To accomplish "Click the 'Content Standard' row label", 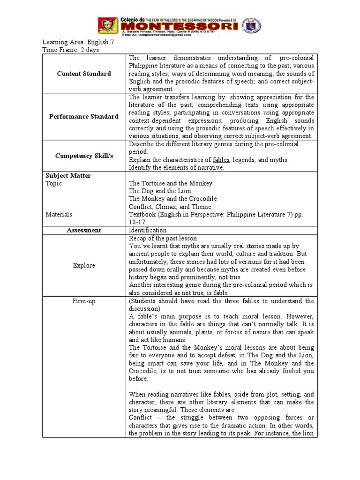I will (x=84, y=74).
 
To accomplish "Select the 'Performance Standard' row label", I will (x=84, y=116).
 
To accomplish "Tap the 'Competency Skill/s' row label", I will (x=84, y=155).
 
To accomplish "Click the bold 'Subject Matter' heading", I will (x=68, y=176).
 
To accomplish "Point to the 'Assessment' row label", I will (x=84, y=230).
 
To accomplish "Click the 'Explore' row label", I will (x=84, y=265).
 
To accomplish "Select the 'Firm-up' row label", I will (x=84, y=301).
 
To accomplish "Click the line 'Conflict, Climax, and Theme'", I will (x=170, y=207).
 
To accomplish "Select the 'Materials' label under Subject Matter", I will (x=59, y=214).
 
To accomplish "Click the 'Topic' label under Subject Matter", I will (x=53, y=184).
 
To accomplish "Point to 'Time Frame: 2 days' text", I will (x=70, y=50).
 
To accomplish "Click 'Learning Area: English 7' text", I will (x=78, y=42).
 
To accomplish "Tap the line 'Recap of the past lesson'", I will (x=163, y=238).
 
